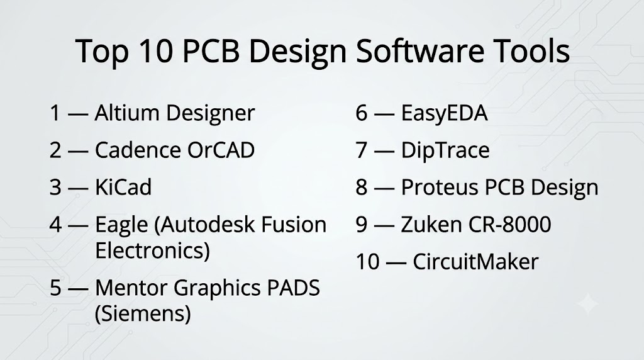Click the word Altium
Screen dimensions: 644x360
[127, 113]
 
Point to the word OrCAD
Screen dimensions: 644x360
[221, 150]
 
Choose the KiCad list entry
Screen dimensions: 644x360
[123, 187]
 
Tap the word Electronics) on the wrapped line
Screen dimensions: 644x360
[152, 250]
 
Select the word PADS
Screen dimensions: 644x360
[293, 288]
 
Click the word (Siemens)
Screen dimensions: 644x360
[143, 313]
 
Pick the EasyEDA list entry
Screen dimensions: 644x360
[445, 113]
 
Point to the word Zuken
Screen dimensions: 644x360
[431, 225]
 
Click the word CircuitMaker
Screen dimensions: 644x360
[475, 262]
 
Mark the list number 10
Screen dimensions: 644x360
[367, 262]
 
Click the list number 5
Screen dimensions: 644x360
[55, 288]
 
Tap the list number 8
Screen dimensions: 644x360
[362, 188]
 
